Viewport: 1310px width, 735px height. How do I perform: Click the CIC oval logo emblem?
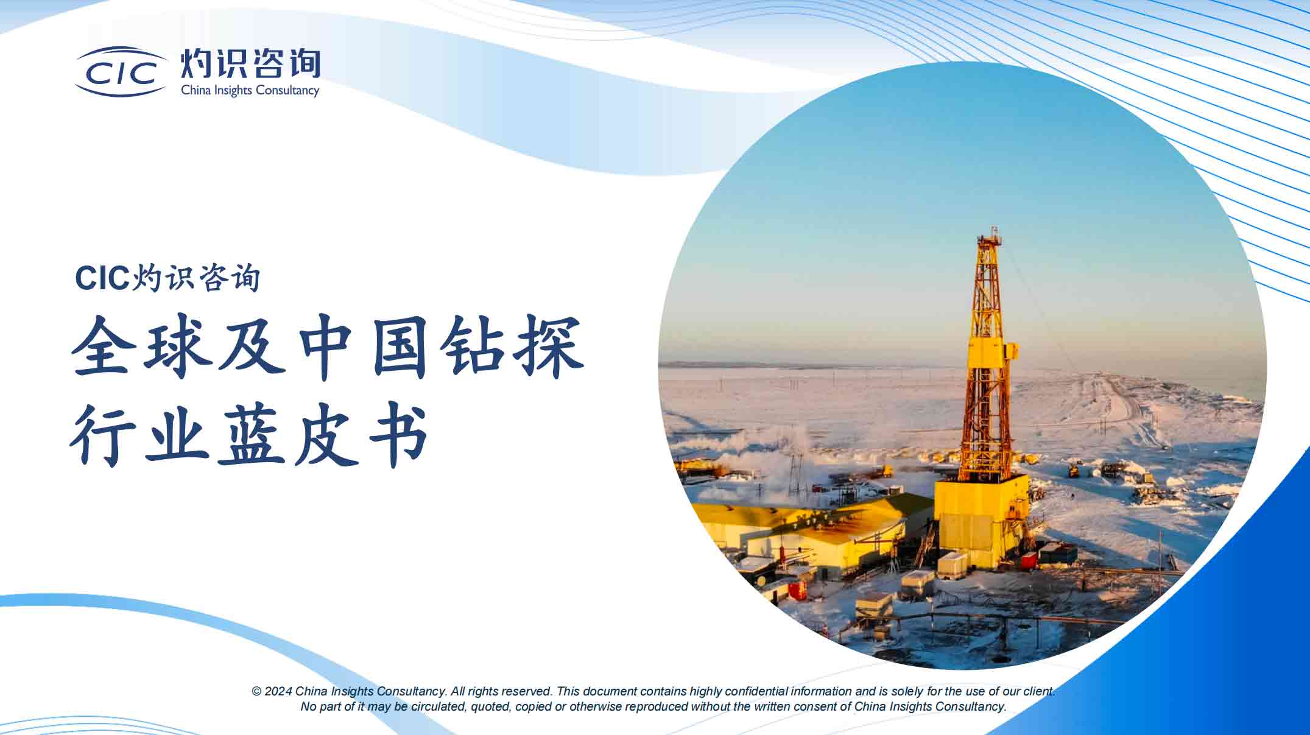pos(121,72)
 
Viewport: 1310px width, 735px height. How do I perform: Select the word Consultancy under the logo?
pos(287,91)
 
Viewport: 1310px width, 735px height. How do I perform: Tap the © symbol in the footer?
pos(256,692)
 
